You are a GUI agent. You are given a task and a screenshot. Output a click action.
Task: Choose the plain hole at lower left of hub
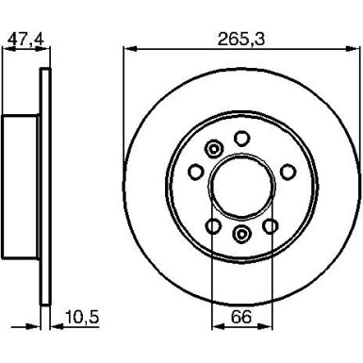[x=213, y=225]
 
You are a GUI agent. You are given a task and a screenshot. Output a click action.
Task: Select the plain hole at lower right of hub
[x=270, y=225]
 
